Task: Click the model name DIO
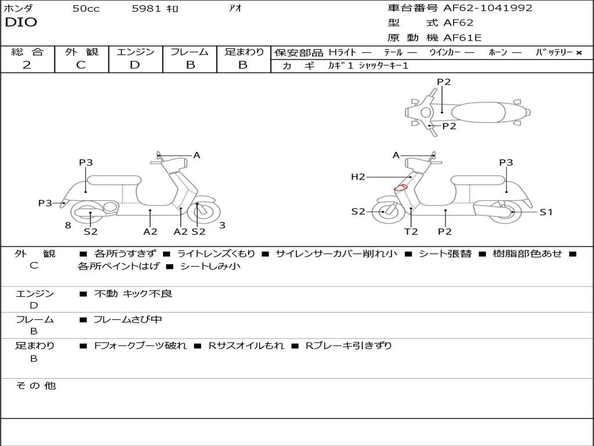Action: tap(21, 23)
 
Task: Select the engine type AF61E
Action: tap(462, 38)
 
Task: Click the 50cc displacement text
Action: tap(86, 9)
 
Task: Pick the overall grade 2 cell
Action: tap(27, 65)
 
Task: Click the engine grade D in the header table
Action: tap(135, 65)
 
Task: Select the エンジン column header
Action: tap(135, 52)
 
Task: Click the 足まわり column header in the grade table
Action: tap(244, 52)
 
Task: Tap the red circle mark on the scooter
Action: tap(400, 188)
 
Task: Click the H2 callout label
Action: tap(358, 177)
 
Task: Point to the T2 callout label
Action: tap(411, 231)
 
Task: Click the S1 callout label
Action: tap(546, 212)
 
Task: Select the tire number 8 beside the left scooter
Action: tap(68, 225)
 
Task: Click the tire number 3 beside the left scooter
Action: tap(222, 225)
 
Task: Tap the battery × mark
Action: tap(578, 52)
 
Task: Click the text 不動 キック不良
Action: tap(133, 294)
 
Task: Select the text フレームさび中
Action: tap(128, 319)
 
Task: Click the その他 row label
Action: tap(35, 386)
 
